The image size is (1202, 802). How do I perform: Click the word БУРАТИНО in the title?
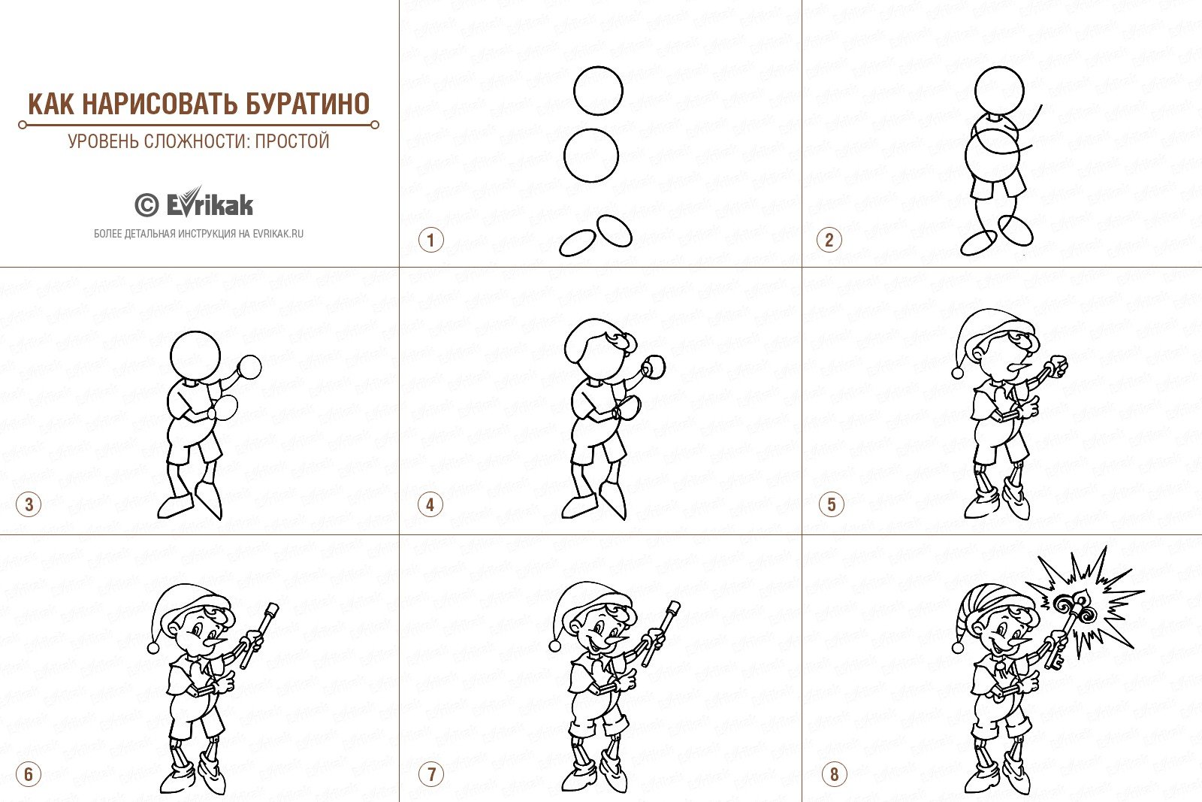pos(307,104)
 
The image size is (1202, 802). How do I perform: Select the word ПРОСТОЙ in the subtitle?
pos(292,141)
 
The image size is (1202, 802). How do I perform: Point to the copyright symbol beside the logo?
pos(146,205)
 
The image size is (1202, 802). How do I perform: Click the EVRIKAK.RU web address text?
pos(278,234)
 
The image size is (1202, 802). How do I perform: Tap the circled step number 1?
pos(431,240)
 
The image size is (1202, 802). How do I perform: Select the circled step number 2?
pos(829,240)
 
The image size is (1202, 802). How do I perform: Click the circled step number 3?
pos(29,504)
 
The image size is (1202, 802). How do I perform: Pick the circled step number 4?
pos(430,504)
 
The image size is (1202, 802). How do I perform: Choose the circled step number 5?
pos(831,504)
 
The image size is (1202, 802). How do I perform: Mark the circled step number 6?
pos(29,774)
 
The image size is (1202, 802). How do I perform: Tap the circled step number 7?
pos(431,774)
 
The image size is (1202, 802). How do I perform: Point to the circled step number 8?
pos(834,774)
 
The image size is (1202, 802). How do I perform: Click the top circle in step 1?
pos(598,91)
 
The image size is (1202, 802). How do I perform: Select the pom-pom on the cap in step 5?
pos(958,373)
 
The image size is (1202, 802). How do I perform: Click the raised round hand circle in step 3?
pos(249,367)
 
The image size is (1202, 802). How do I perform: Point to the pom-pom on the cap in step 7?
pos(555,645)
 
